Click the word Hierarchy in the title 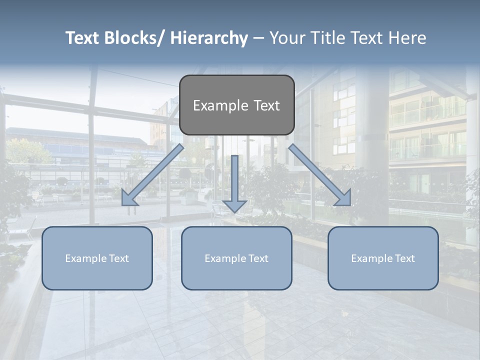pos(209,38)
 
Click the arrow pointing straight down pos(234,180)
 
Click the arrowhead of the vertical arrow pos(234,205)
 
